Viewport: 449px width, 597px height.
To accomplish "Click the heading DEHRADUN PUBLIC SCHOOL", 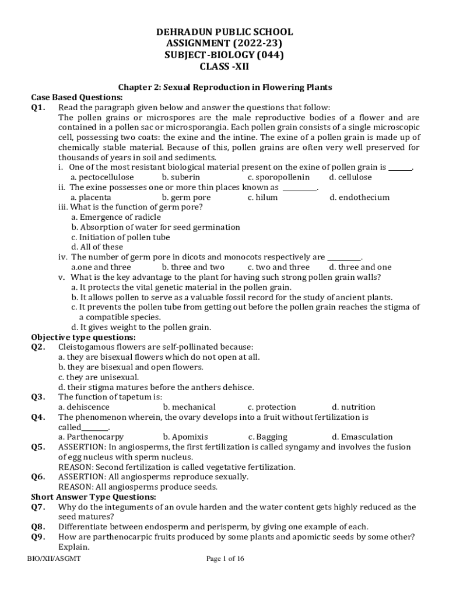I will pyautogui.click(x=224, y=32).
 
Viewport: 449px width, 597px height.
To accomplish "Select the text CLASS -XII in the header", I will pyautogui.click(x=224, y=66).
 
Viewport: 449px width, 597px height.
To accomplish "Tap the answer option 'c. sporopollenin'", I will pyautogui.click(x=279, y=177).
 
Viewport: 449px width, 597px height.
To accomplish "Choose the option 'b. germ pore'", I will pyautogui.click(x=187, y=198).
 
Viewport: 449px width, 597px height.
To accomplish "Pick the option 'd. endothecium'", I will pyautogui.click(x=359, y=198).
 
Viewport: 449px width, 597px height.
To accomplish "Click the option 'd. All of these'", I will pyautogui.click(x=97, y=247).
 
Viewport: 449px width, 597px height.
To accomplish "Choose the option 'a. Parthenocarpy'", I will pyautogui.click(x=91, y=437).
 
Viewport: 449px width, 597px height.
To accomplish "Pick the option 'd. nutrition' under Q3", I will pyautogui.click(x=353, y=407).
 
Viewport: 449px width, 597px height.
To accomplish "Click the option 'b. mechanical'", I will pyautogui.click(x=190, y=407).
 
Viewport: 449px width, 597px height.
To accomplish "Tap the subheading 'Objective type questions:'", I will pyautogui.click(x=83, y=338).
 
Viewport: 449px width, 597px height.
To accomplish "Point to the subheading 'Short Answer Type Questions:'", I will pyautogui.click(x=93, y=497).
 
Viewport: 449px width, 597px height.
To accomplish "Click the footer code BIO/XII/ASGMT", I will pyautogui.click(x=54, y=559).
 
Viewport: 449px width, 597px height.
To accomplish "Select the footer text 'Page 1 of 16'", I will pyautogui.click(x=225, y=559).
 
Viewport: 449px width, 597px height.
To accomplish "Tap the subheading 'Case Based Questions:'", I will pyautogui.click(x=76, y=97).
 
